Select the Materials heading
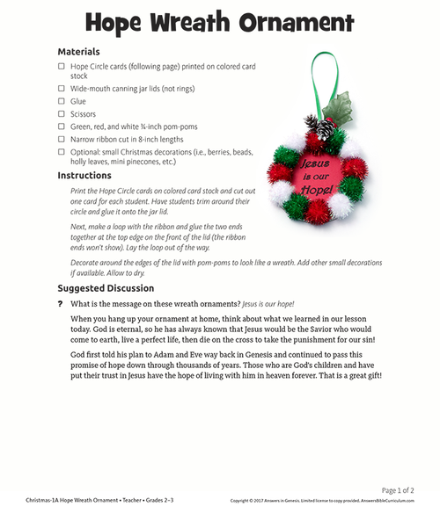tap(78, 52)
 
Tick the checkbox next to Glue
tap(62, 101)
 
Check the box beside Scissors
tap(62, 114)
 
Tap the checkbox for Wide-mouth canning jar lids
tap(62, 89)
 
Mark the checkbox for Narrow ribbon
tap(62, 139)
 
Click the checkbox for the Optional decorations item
tap(62, 151)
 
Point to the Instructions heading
tap(84, 176)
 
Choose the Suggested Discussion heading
tap(106, 288)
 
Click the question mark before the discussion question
tap(61, 303)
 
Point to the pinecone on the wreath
tap(326, 130)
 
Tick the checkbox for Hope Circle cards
tap(62, 66)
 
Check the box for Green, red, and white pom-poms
tap(62, 127)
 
